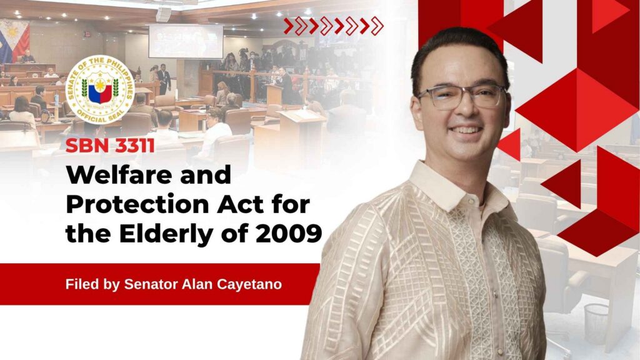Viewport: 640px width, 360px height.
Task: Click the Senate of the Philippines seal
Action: click(101, 90)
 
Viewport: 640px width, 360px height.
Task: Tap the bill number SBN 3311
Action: click(110, 146)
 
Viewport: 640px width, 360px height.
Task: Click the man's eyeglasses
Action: click(461, 96)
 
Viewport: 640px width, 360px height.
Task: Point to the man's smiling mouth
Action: click(465, 131)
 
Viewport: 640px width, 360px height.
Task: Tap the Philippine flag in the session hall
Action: click(14, 41)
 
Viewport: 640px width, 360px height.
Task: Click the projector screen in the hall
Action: click(186, 41)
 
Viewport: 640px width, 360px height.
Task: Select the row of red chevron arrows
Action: click(334, 26)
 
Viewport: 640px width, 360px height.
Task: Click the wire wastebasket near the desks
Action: click(596, 324)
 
